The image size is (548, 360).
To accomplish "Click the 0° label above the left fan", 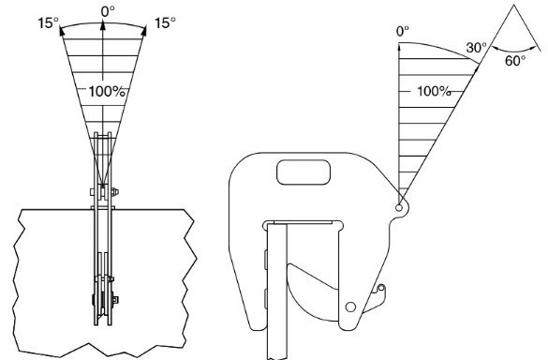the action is tap(108, 11).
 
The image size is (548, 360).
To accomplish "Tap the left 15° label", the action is tap(48, 23).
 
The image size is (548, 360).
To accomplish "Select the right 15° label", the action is tap(165, 23).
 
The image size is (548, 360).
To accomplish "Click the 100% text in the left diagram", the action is tap(107, 92).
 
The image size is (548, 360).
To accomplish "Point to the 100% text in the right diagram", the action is tap(434, 92).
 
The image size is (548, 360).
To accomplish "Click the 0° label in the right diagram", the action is tap(403, 32).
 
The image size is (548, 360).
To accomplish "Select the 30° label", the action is tap(476, 48).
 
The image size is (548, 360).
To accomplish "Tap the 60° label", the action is tap(515, 61).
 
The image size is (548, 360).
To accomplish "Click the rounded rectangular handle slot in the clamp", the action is tap(304, 172).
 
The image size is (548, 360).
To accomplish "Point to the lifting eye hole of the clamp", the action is tap(399, 208).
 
